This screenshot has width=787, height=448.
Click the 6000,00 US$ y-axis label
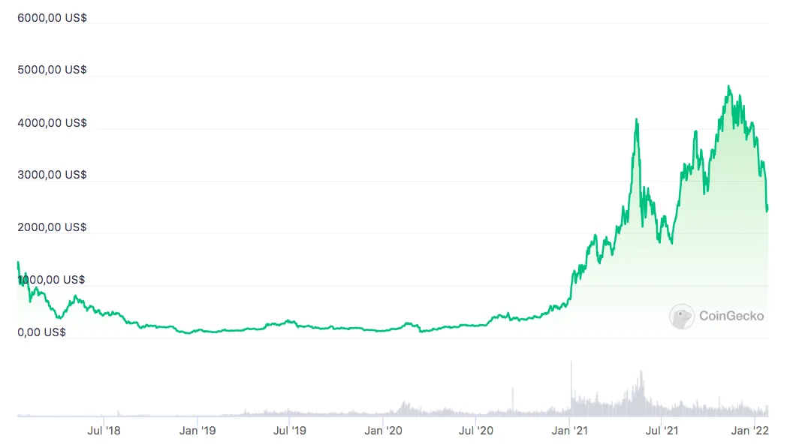(x=52, y=17)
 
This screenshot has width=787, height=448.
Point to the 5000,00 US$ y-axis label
(x=52, y=70)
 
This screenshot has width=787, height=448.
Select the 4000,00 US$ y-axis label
(x=52, y=122)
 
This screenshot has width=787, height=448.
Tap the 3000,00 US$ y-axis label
(x=52, y=175)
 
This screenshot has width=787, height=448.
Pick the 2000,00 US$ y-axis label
(x=52, y=227)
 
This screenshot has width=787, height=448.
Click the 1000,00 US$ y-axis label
(x=52, y=280)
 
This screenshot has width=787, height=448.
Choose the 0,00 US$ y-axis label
(x=41, y=332)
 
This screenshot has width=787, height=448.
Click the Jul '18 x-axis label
(x=104, y=431)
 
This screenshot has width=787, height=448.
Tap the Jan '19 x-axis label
(x=198, y=431)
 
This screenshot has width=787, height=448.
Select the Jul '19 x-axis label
(x=289, y=431)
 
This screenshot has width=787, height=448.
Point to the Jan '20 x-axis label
(x=384, y=431)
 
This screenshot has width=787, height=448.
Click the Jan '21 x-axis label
(x=570, y=431)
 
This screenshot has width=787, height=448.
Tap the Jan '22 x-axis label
(x=751, y=431)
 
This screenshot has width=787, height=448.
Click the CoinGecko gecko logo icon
(x=682, y=317)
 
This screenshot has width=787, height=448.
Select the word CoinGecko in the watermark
(x=731, y=317)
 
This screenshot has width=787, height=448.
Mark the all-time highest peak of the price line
(x=728, y=86)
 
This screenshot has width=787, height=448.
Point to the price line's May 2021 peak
(x=636, y=119)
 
